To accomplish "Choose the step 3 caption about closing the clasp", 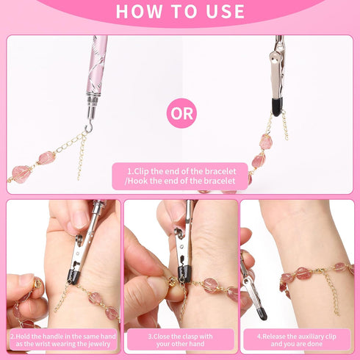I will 179,339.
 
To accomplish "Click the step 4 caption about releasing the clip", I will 297,339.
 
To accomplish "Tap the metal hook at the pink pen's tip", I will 88,126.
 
